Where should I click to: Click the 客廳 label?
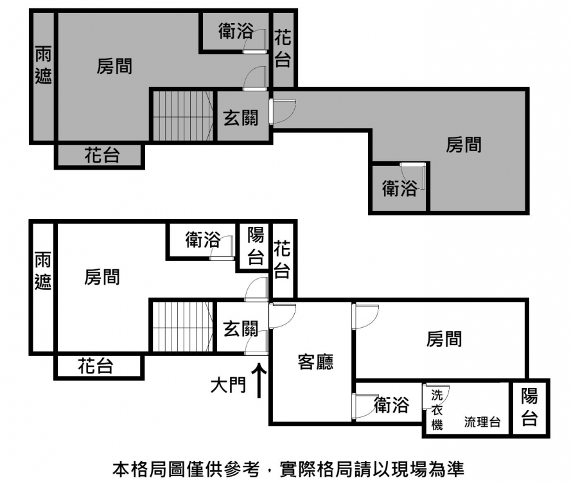[315, 362]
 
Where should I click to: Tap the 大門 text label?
[228, 385]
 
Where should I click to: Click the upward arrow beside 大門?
[259, 380]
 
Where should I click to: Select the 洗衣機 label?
[437, 409]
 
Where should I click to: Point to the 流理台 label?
[482, 422]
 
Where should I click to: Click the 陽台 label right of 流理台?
[529, 407]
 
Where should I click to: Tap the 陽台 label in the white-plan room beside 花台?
[256, 245]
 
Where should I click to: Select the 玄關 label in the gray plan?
[241, 118]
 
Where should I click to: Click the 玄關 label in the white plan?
[241, 328]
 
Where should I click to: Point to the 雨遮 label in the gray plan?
[43, 65]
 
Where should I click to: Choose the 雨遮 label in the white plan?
[43, 271]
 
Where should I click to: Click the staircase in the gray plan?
[183, 116]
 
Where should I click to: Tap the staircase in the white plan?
[183, 326]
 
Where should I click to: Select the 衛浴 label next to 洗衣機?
[391, 405]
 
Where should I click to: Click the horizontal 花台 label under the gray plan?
[102, 155]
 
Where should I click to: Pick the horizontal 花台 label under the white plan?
[96, 366]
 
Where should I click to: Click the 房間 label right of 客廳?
[444, 339]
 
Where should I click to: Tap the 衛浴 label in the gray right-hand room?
[400, 188]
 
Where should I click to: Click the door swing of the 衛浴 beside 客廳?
[365, 406]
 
